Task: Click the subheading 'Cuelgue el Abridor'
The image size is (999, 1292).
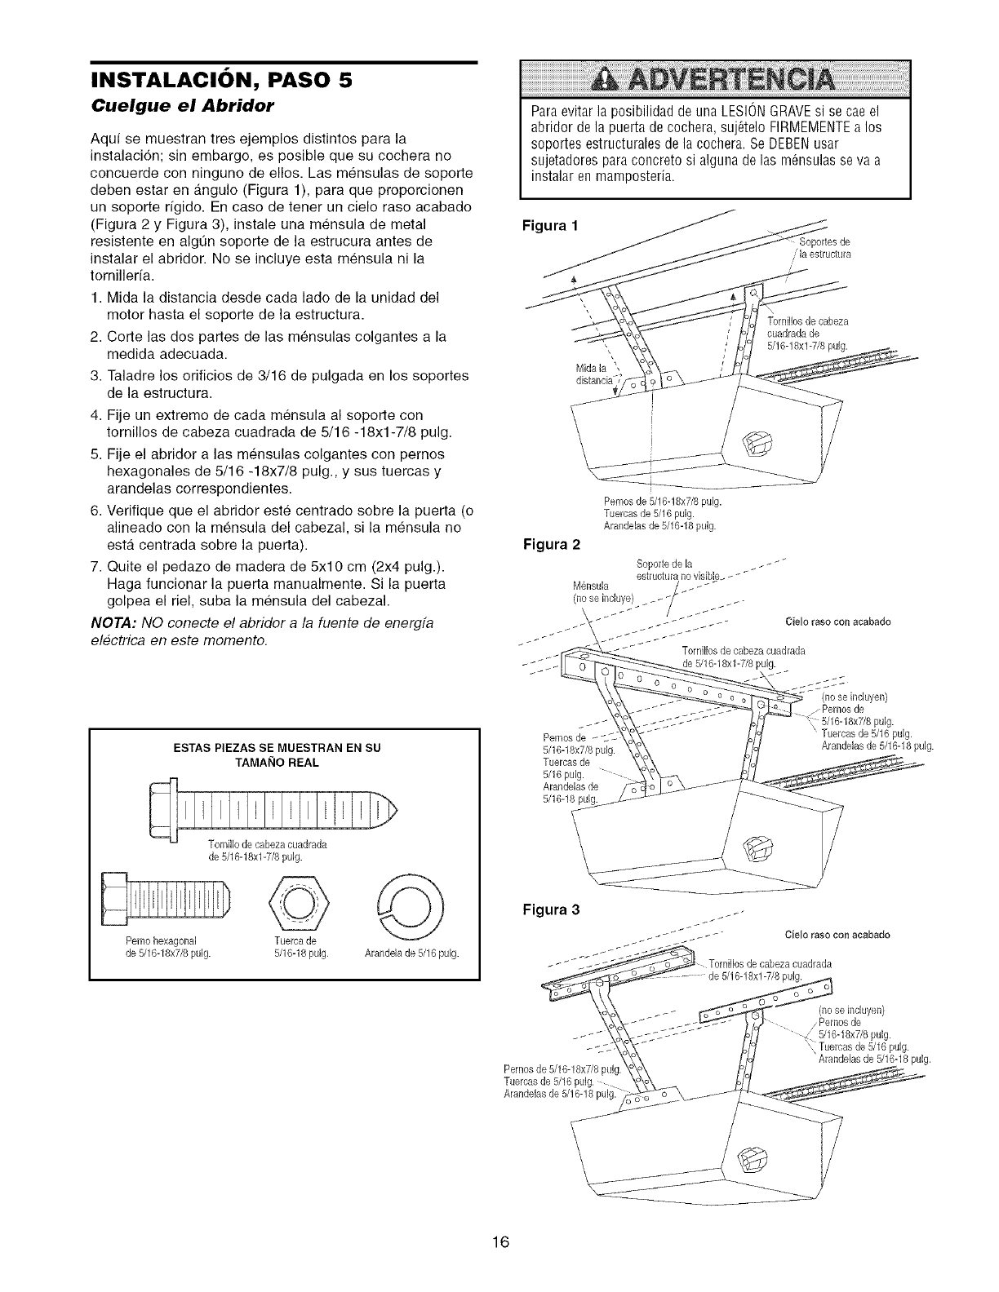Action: (167, 106)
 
